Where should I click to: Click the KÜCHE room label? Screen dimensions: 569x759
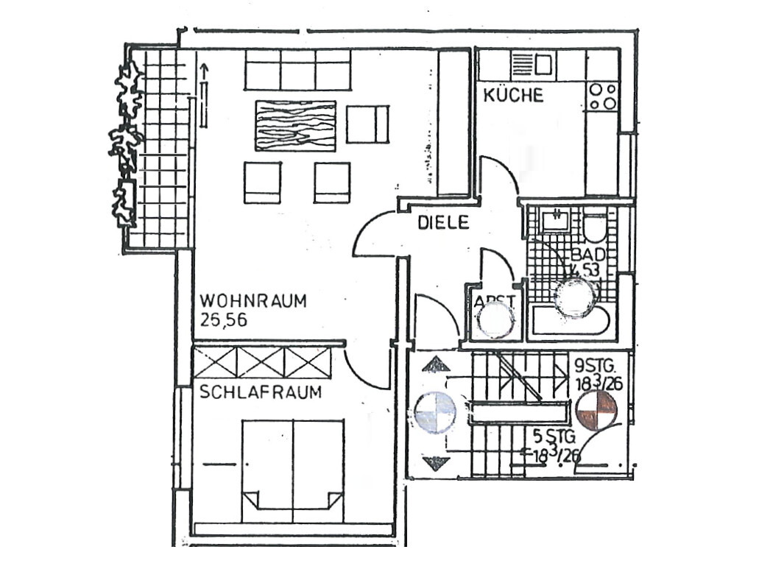pos(513,95)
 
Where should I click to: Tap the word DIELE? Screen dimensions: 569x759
pos(443,223)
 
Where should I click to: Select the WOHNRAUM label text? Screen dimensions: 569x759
pos(253,302)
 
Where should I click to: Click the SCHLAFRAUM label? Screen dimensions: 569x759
pos(261,392)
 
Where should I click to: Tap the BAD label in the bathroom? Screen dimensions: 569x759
pos(589,255)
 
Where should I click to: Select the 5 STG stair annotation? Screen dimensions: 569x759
pos(551,435)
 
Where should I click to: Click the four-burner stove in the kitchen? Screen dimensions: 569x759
pos(603,96)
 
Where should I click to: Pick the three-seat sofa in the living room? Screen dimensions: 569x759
pos(297,70)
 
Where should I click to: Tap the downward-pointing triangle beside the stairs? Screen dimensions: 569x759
pos(437,463)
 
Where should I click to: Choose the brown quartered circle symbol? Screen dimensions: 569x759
pos(595,409)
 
